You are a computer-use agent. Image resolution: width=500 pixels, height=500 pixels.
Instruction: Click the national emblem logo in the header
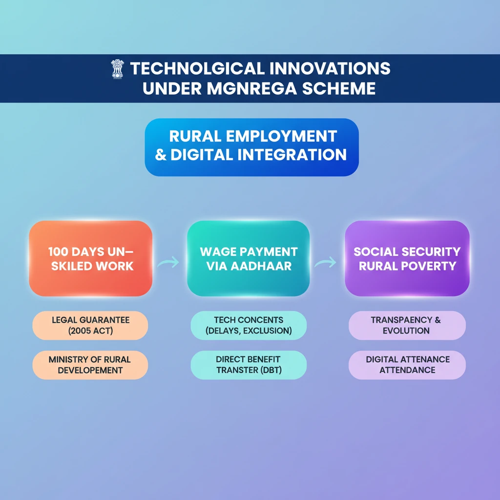pyautogui.click(x=117, y=69)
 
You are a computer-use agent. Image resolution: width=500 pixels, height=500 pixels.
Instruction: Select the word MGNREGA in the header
pyautogui.click(x=252, y=88)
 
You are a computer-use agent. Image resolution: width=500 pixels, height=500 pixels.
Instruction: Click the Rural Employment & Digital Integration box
pyautogui.click(x=251, y=147)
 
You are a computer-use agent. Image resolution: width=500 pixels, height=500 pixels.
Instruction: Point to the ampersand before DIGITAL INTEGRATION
pyautogui.click(x=161, y=155)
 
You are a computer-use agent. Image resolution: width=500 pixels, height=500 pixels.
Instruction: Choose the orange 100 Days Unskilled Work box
pyautogui.click(x=90, y=258)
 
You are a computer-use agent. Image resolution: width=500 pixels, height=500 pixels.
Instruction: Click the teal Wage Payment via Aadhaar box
pyautogui.click(x=249, y=258)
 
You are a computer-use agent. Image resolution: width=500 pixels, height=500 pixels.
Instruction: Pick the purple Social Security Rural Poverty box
pyautogui.click(x=407, y=258)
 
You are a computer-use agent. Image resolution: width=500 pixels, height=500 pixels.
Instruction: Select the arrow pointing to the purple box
pyautogui.click(x=326, y=262)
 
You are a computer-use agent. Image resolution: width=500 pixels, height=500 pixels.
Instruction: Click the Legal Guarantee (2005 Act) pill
pyautogui.click(x=90, y=325)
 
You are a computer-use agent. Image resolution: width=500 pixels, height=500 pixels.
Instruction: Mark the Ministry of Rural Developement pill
pyautogui.click(x=90, y=365)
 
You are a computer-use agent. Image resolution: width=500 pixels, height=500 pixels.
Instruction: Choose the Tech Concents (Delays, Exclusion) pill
pyautogui.click(x=249, y=325)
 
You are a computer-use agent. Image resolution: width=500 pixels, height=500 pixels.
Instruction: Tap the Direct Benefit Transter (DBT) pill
pyautogui.click(x=249, y=365)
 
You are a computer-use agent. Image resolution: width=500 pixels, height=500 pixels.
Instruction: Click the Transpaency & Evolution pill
pyautogui.click(x=407, y=325)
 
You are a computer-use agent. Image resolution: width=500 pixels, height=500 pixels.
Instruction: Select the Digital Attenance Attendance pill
pyautogui.click(x=407, y=365)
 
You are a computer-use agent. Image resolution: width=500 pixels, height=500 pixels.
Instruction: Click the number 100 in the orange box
pyautogui.click(x=59, y=251)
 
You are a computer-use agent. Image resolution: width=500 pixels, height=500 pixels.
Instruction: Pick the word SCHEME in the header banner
pyautogui.click(x=339, y=88)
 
